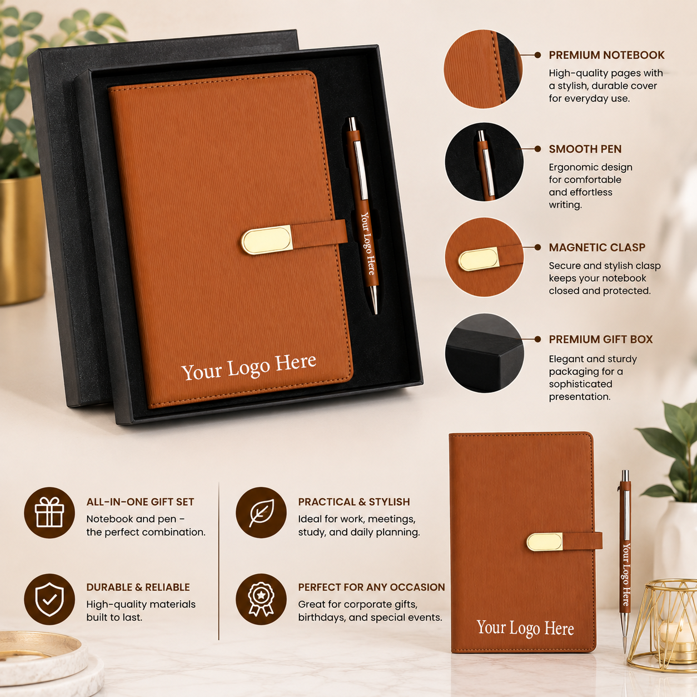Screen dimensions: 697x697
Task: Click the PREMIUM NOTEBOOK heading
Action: tap(606, 55)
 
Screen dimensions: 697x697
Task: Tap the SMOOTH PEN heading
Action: tap(585, 149)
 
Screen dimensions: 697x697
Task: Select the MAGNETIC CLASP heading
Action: tap(597, 247)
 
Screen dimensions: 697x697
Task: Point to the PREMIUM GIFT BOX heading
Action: tap(600, 339)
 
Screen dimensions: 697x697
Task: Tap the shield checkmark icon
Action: tap(49, 599)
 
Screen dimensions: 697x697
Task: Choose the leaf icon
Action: tap(261, 512)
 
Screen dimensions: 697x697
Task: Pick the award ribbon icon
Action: tap(261, 599)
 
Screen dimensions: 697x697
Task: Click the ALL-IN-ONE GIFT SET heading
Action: tap(140, 502)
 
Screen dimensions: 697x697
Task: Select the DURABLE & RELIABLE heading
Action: tap(138, 587)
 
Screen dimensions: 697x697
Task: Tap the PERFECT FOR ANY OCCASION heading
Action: tap(371, 587)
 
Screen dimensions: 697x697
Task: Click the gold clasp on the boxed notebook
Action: tap(267, 240)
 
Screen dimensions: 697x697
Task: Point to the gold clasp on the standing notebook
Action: tap(545, 542)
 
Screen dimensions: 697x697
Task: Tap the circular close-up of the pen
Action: tap(484, 162)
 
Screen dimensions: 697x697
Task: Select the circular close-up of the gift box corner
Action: tap(484, 353)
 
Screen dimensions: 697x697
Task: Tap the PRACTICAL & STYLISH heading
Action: tap(354, 502)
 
